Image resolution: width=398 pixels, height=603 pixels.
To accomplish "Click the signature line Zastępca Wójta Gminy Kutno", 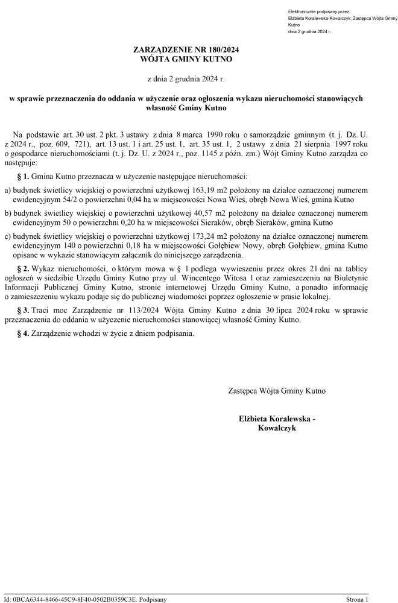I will (x=277, y=391).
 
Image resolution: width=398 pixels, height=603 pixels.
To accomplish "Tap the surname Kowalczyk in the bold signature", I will (x=277, y=428).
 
